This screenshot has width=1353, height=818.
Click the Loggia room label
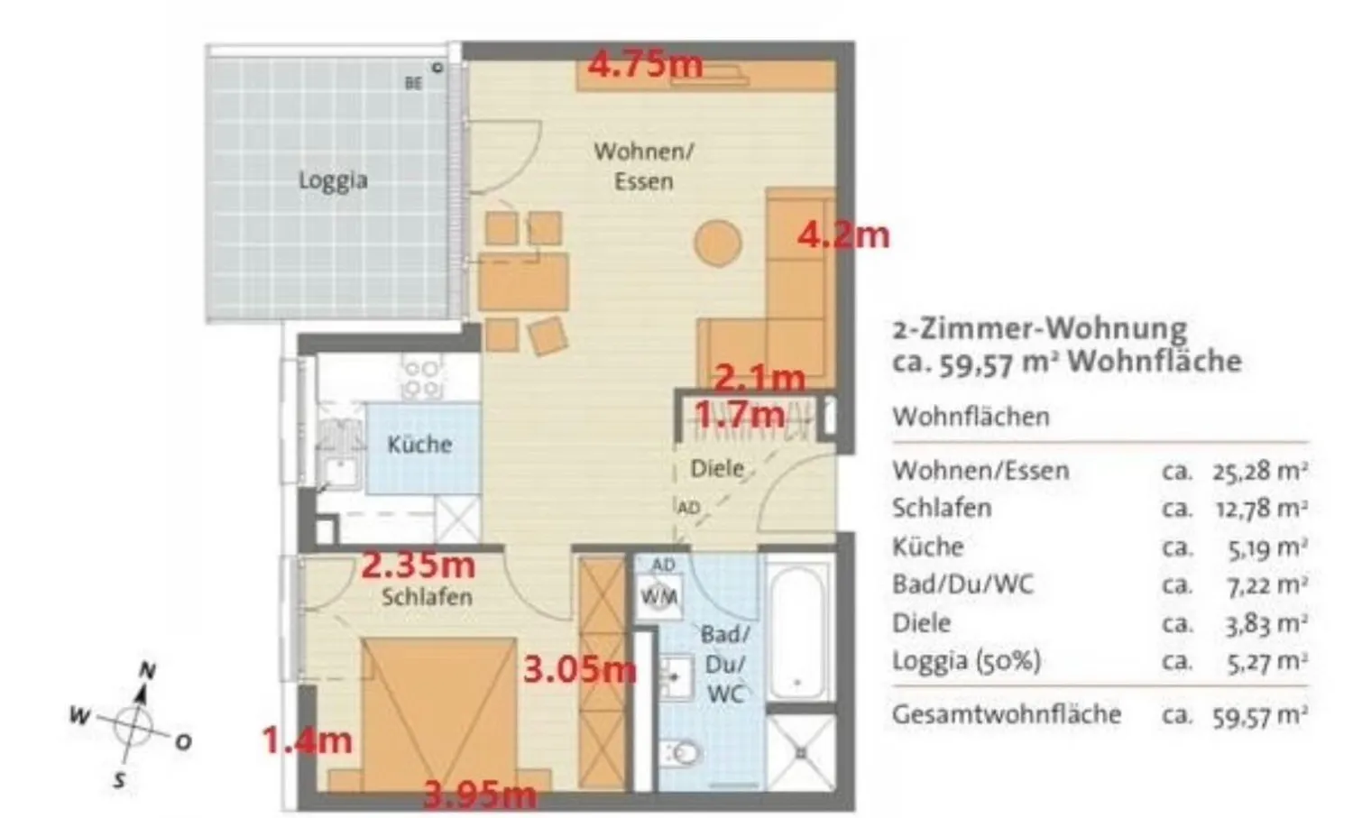[334, 180]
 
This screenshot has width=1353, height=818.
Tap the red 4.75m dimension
[646, 64]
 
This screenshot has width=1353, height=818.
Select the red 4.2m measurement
[843, 235]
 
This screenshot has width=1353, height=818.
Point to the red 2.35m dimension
[418, 565]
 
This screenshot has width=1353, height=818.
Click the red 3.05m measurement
[580, 670]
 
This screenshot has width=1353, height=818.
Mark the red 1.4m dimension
[308, 740]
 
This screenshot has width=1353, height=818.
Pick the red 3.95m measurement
[480, 795]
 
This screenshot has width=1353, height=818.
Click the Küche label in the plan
[419, 444]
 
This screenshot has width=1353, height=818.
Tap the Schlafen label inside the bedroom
[427, 597]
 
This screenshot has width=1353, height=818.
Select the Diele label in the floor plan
[717, 468]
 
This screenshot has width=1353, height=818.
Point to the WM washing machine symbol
[659, 597]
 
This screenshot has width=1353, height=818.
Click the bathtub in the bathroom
[797, 630]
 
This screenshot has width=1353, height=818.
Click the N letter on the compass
[147, 671]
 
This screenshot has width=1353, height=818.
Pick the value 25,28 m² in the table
[1260, 472]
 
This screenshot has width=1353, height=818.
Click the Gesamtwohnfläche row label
[1007, 714]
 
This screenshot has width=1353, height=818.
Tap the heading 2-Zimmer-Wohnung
[1040, 330]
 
